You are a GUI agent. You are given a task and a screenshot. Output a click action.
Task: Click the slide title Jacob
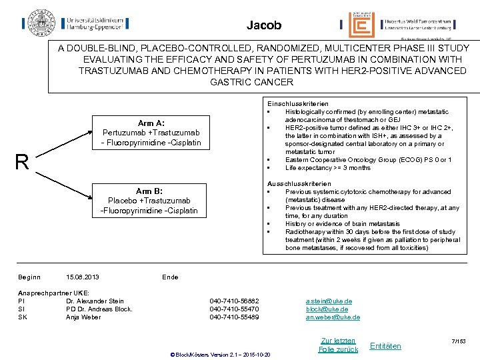(264, 26)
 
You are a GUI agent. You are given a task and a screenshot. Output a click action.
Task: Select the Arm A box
(151, 133)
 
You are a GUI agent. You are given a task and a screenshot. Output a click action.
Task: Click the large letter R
(22, 163)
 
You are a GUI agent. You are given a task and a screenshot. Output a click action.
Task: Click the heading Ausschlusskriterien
(290, 183)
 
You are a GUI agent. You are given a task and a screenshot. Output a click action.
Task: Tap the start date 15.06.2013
(84, 277)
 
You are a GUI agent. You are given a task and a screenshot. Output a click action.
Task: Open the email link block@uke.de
(327, 309)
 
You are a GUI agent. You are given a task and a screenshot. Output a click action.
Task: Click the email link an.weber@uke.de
(333, 317)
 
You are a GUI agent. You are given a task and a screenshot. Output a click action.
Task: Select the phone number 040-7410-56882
(234, 301)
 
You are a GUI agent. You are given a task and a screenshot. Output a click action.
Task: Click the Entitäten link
(385, 345)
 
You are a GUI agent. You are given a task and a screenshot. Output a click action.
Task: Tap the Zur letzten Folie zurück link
(338, 345)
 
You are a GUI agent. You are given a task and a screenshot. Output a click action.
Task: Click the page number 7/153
(458, 341)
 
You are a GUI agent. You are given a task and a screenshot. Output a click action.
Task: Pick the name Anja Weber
(83, 317)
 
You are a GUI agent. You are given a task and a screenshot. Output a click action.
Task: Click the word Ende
(170, 277)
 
